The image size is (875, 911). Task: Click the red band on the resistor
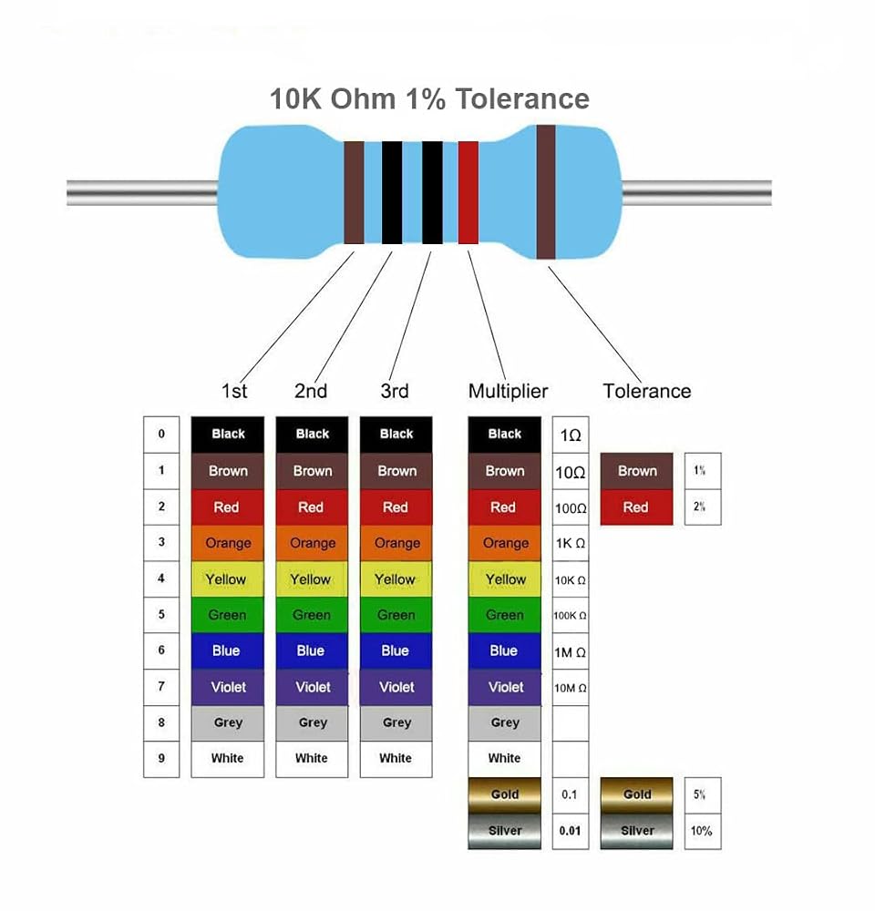point(468,192)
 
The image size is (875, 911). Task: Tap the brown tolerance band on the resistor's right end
point(545,191)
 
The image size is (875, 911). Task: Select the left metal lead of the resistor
point(143,193)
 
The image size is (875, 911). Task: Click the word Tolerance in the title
point(522,98)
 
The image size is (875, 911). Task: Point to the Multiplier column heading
point(508,391)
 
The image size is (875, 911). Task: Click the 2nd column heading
point(311,391)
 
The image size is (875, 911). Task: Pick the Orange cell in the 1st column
point(227,543)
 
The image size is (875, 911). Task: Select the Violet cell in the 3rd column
point(396,687)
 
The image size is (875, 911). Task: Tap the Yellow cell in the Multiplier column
point(505,579)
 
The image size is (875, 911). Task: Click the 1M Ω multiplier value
point(570,652)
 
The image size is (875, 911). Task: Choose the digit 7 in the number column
point(161,686)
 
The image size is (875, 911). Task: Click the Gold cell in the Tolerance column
point(636,794)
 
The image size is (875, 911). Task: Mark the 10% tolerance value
point(701,831)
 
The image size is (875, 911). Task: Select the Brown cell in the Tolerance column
point(636,471)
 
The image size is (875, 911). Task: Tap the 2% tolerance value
point(699,507)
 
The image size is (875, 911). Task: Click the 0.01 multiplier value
point(570,831)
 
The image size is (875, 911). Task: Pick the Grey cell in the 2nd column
point(312,722)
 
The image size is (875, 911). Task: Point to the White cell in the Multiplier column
point(505,759)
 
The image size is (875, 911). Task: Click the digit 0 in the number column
point(161,434)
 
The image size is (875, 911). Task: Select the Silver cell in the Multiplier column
point(505,831)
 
